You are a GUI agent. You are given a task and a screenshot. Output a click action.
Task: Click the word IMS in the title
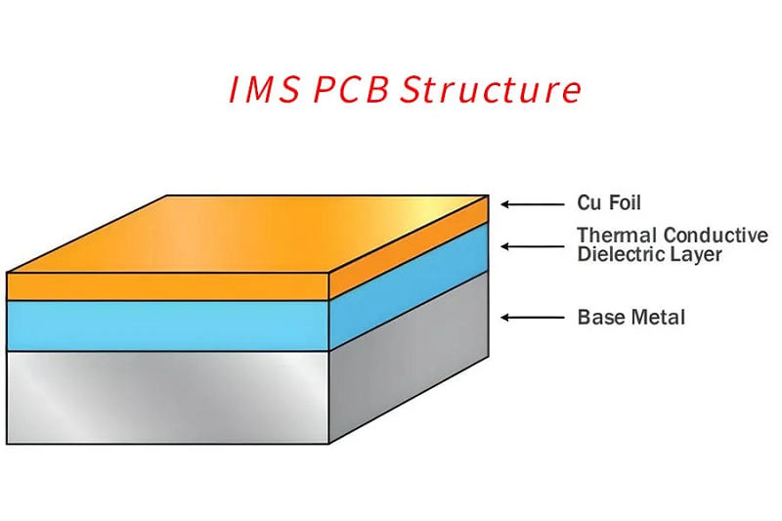[265, 90]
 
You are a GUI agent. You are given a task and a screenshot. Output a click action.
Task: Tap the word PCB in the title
[352, 90]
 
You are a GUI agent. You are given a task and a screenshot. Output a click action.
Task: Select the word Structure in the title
[492, 89]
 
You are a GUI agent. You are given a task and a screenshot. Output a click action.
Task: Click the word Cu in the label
[588, 203]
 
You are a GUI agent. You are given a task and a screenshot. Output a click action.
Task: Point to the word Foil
[625, 203]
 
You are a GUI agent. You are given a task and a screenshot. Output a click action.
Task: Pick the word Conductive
[717, 235]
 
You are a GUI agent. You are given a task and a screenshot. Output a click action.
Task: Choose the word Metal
[658, 317]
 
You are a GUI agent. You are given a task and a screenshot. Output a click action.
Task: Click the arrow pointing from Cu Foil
[532, 204]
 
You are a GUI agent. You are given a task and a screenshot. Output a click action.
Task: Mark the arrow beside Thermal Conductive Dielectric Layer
[532, 246]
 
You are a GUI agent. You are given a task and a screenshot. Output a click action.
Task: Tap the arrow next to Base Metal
[532, 318]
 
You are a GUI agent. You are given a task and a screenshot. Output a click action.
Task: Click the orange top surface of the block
[249, 234]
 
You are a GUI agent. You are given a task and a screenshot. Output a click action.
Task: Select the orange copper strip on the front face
[167, 286]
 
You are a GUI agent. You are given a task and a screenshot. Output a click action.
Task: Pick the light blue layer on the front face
[167, 326]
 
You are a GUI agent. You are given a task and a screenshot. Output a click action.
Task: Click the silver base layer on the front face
[167, 398]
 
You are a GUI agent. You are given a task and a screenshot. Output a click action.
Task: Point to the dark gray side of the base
[409, 358]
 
